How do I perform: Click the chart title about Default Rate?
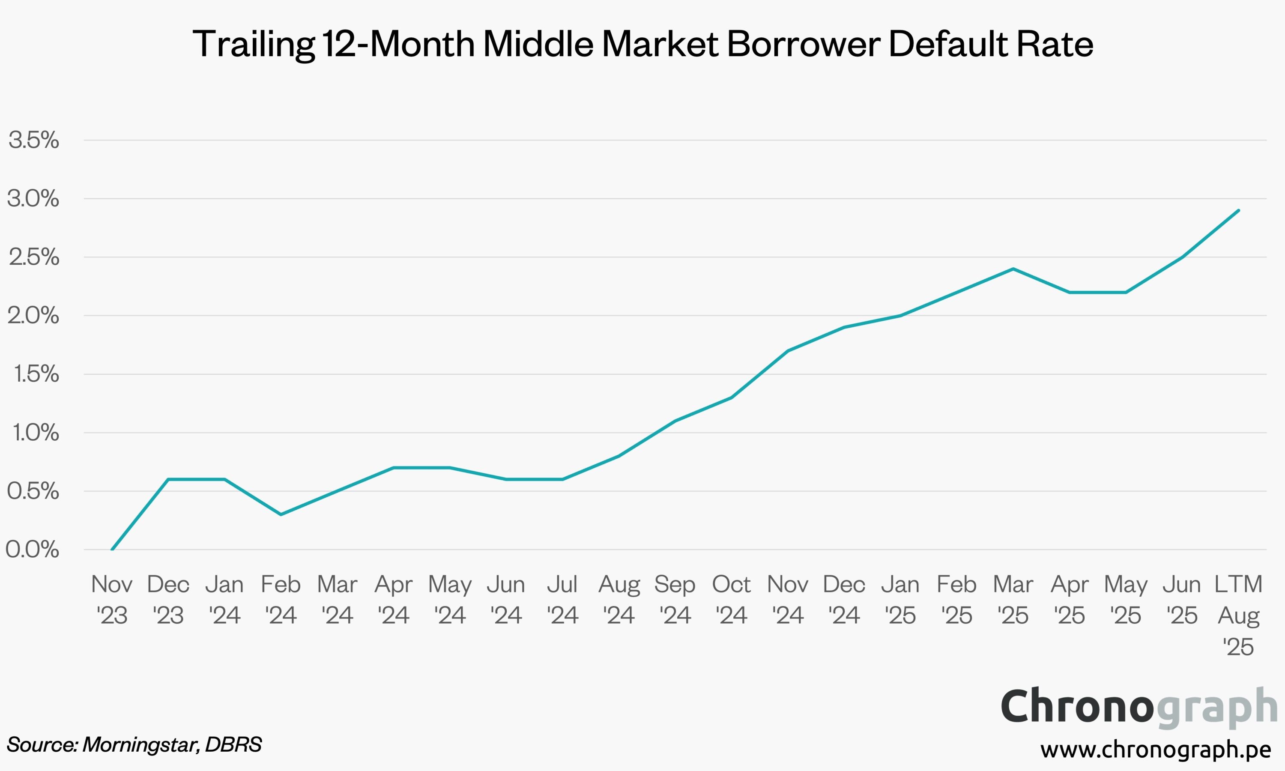click(642, 44)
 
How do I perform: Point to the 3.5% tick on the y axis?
click(34, 140)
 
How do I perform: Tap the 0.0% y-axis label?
click(32, 550)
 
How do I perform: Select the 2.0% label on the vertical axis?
click(33, 315)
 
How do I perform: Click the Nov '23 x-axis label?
click(112, 600)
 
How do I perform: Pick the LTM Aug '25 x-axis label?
click(1238, 615)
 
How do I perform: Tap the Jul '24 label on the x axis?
click(562, 600)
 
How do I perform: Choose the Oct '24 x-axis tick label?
click(731, 600)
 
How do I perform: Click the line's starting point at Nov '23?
click(112, 549)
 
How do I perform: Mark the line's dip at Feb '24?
click(281, 514)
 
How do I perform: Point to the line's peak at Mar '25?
click(1013, 269)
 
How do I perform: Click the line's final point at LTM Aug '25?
click(1239, 210)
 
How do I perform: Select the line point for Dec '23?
click(168, 479)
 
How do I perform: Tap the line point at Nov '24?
click(788, 351)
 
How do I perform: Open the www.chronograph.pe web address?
click(1156, 749)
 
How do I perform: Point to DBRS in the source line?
click(233, 744)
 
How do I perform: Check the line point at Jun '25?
click(1182, 257)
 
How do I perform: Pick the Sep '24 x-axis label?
click(675, 600)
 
